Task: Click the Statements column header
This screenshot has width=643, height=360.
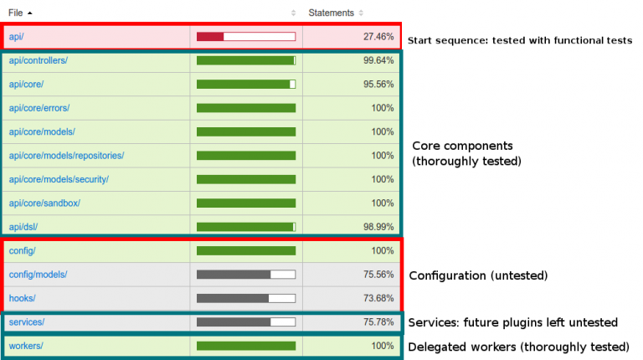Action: (x=331, y=13)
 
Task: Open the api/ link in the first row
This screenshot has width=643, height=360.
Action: (x=17, y=37)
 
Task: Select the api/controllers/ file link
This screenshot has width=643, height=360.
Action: (x=38, y=60)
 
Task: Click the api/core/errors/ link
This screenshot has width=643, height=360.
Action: (x=39, y=108)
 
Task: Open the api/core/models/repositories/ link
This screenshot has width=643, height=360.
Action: (x=66, y=156)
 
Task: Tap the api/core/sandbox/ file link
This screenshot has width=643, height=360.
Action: (x=44, y=203)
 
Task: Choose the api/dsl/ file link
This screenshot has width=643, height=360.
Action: (x=23, y=227)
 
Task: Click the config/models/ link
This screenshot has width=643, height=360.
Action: (x=38, y=275)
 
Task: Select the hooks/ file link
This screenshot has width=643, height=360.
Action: (x=23, y=298)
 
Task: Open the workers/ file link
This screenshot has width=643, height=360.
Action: (x=25, y=346)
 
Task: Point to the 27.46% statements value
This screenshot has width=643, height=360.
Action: (x=378, y=37)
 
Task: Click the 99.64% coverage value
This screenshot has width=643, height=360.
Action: (x=378, y=60)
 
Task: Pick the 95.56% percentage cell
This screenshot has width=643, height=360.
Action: (x=378, y=85)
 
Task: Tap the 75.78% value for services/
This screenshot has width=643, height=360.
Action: (x=378, y=322)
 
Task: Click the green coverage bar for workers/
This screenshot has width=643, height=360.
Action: (x=245, y=346)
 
